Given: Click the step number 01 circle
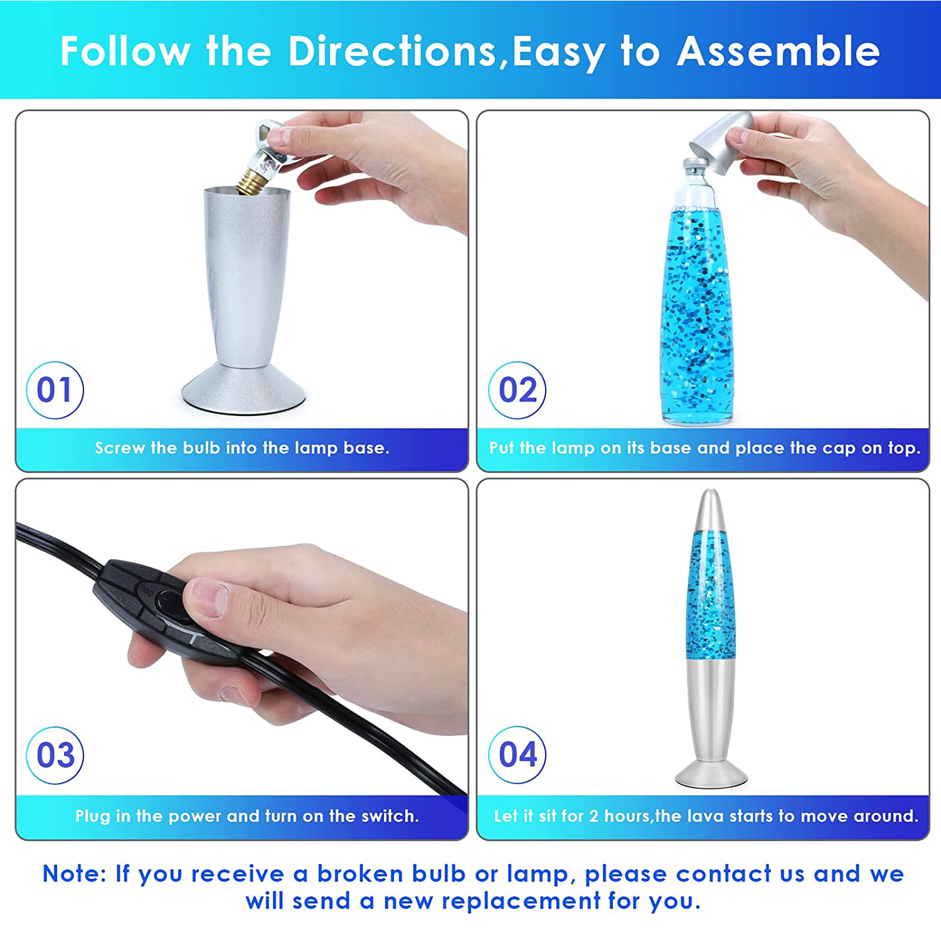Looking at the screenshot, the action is coord(55,390).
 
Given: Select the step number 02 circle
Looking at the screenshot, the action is coord(518,390).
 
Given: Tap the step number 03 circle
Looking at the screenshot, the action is coord(55,755).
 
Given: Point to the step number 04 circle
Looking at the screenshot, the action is coord(518,755).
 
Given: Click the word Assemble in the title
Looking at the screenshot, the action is coord(779,51).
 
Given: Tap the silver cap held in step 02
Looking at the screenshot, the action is coord(721,144).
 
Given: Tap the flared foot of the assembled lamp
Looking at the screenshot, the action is coord(711,774).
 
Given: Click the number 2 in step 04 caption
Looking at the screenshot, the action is coord(593,816).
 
